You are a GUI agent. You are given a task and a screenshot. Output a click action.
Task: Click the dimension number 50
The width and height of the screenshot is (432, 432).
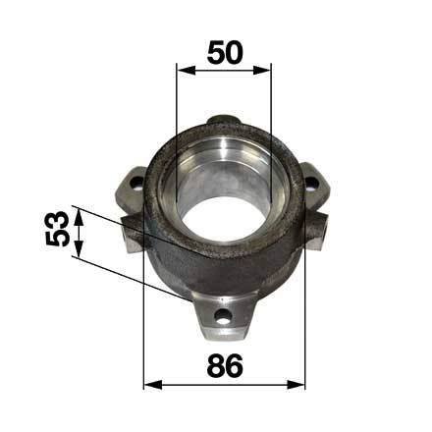coord(225,52)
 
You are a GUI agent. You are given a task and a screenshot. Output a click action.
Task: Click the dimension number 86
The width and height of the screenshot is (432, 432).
coord(225,365)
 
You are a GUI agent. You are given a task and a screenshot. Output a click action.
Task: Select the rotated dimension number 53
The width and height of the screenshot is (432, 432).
coord(58,229)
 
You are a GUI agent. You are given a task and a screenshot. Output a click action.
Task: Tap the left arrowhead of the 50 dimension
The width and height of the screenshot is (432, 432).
coord(186,70)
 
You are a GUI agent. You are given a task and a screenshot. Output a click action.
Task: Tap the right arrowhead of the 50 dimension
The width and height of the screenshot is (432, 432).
coord(262,70)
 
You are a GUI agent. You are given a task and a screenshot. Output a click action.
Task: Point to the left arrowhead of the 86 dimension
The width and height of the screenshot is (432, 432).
coord(153,385)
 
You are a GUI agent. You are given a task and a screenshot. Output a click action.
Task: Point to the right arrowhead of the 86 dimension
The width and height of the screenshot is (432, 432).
coord(296,385)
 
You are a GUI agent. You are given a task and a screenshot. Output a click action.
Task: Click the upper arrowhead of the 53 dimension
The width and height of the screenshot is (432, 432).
coord(79,218)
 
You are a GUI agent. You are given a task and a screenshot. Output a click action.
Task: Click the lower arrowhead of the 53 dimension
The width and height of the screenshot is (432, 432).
coord(79,247)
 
